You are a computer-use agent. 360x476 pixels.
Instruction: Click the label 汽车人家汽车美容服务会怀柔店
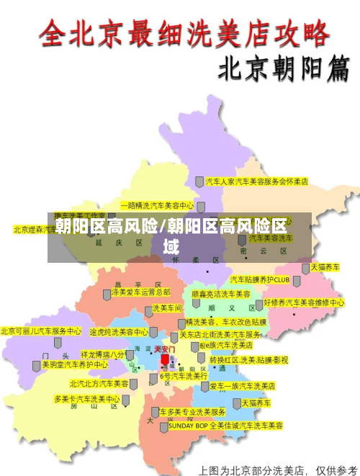(256, 181)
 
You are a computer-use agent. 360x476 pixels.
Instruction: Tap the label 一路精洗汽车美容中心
(157, 205)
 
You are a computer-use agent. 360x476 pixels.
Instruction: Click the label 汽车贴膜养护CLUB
(259, 279)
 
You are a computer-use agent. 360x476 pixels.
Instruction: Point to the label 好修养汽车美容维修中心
(304, 302)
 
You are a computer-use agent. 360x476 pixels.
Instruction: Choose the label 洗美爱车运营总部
(140, 292)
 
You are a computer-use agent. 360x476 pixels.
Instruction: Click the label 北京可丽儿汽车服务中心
(41, 331)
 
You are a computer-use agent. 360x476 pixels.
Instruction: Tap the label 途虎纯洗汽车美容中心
(119, 332)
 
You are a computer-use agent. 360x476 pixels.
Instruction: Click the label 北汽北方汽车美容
(99, 384)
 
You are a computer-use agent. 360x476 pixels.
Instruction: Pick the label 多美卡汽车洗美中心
(86, 398)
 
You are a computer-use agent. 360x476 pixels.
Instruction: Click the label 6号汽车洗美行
(184, 376)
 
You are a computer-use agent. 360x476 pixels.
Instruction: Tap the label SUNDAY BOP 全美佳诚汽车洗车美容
(225, 426)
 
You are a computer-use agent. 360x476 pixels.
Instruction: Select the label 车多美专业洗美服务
(193, 412)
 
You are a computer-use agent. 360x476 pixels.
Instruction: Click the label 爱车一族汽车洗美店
(243, 386)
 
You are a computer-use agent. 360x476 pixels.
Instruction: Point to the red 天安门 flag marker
(165, 358)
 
